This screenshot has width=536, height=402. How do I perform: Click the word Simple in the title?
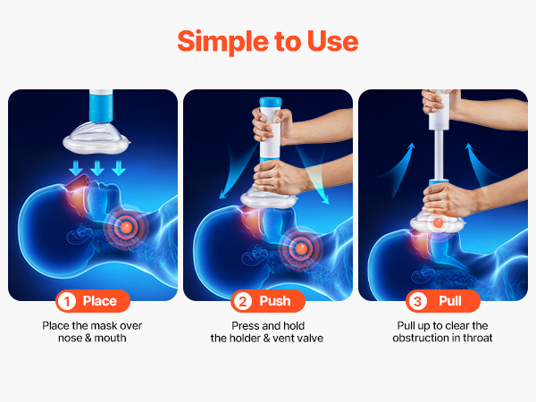pyautogui.click(x=223, y=42)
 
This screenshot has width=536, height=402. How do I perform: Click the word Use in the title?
pyautogui.click(x=332, y=41)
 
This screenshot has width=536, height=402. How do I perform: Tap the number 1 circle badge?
pyautogui.click(x=67, y=301)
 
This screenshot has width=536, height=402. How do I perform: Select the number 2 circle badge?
pyautogui.click(x=242, y=301)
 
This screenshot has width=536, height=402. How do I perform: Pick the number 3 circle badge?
pyautogui.click(x=417, y=301)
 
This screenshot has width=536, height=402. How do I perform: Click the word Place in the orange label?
pyautogui.click(x=100, y=301)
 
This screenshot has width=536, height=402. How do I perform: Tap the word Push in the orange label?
pyautogui.click(x=275, y=301)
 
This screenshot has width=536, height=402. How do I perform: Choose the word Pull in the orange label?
pyautogui.click(x=450, y=301)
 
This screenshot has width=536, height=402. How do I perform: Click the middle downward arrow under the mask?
pyautogui.click(x=97, y=168)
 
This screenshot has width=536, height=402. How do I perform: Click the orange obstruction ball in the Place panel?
pyautogui.click(x=126, y=226)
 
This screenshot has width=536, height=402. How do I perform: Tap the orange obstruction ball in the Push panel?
pyautogui.click(x=301, y=248)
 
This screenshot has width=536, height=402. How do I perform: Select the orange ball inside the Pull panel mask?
pyautogui.click(x=438, y=222)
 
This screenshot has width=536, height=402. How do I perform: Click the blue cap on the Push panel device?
pyautogui.click(x=271, y=102)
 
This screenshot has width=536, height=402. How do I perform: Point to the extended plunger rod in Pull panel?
pyautogui.click(x=439, y=154)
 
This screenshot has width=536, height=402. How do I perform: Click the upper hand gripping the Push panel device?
pyautogui.click(x=270, y=125)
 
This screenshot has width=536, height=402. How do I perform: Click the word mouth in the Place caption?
pyautogui.click(x=110, y=338)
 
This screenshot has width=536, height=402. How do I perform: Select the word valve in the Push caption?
pyautogui.click(x=310, y=338)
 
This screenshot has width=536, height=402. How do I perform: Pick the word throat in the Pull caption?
pyautogui.click(x=478, y=338)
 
